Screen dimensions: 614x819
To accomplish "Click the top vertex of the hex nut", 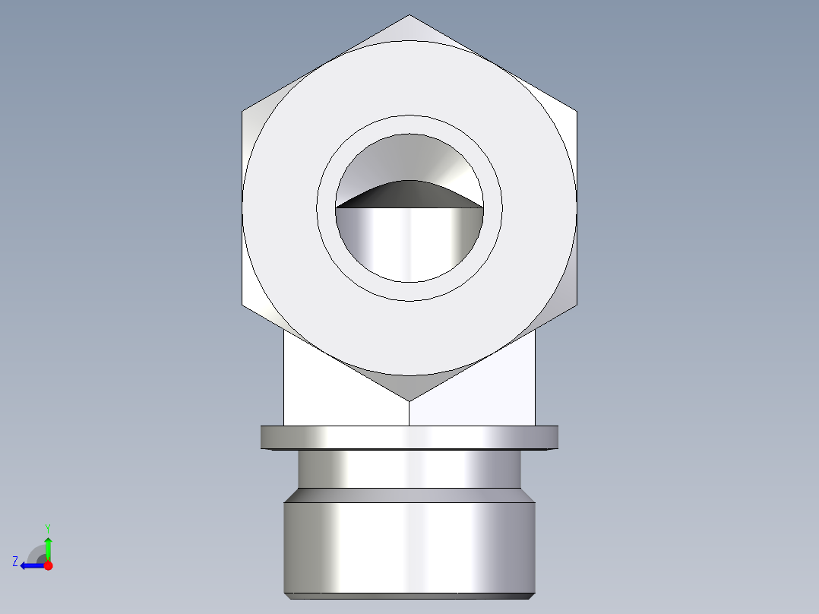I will pyautogui.click(x=409, y=16).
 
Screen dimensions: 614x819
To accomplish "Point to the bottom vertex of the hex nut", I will pyautogui.click(x=409, y=400).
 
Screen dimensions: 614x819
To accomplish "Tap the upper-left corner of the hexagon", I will pyautogui.click(x=243, y=112).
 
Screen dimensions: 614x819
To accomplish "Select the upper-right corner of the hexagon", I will pyautogui.click(x=576, y=112).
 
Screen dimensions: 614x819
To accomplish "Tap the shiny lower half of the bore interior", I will pyautogui.click(x=409, y=243).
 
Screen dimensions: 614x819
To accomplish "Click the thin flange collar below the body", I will pyautogui.click(x=409, y=437).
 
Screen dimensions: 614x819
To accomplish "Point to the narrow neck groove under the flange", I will pyautogui.click(x=409, y=469).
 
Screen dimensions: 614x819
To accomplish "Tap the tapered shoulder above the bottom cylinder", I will pyautogui.click(x=409, y=495).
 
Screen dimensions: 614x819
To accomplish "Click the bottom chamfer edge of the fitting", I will pyautogui.click(x=409, y=595).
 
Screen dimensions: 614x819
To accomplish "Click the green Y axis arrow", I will pyautogui.click(x=48, y=546).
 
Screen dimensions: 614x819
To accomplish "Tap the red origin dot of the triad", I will pyautogui.click(x=48, y=565).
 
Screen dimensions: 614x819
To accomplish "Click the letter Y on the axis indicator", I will pyautogui.click(x=47, y=527).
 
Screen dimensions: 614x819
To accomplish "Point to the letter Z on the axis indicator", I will pyautogui.click(x=15, y=561).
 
